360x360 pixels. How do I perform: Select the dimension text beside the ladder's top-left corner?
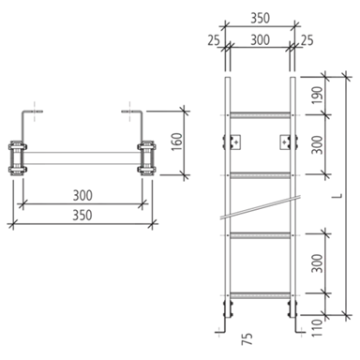[x=220, y=40]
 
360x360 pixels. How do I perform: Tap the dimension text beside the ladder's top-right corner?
[x=299, y=40]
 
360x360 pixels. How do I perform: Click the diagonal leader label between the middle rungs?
[x=275, y=201]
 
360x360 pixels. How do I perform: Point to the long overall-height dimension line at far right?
[x=352, y=187]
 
